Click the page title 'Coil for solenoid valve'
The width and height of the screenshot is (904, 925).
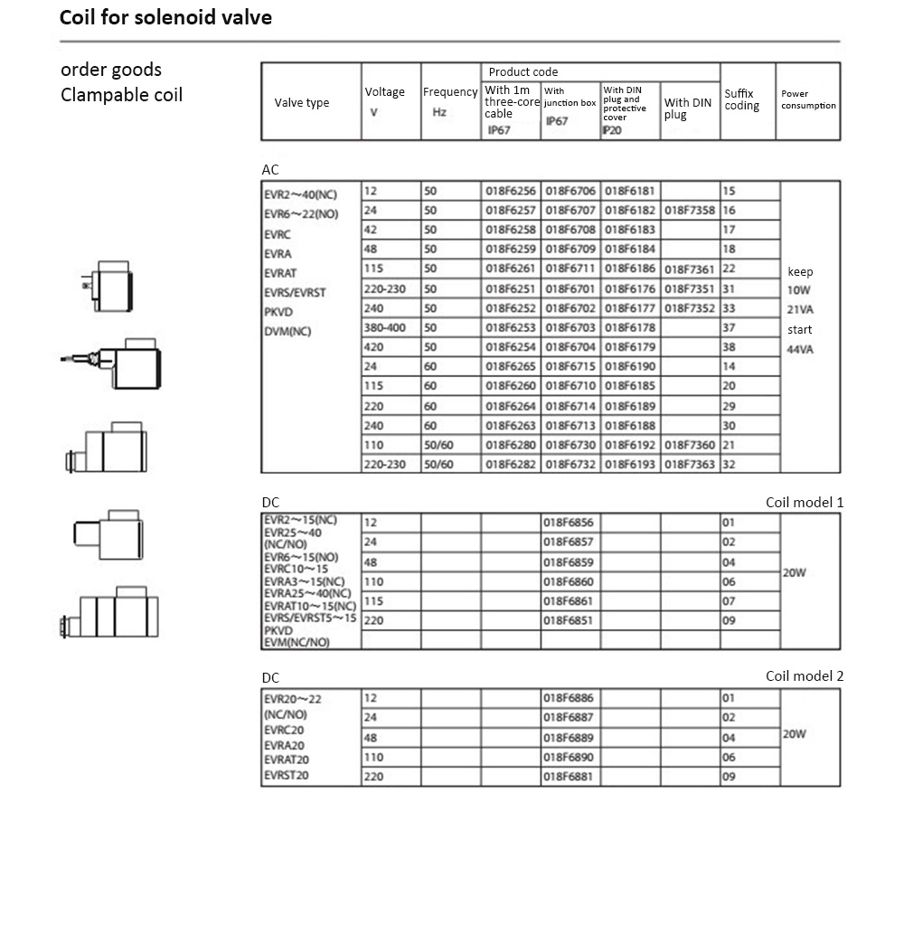tap(165, 18)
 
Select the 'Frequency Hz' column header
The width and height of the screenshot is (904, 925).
tap(449, 101)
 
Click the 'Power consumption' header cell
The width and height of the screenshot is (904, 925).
tap(808, 99)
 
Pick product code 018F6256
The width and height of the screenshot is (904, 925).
tap(511, 191)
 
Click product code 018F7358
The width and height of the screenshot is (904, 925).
tap(690, 210)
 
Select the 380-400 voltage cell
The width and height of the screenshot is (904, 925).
tap(385, 327)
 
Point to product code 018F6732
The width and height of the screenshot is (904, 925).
tap(570, 464)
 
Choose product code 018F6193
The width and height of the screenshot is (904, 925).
tap(630, 464)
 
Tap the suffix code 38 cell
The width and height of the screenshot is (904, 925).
tap(730, 347)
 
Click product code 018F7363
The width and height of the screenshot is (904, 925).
tap(690, 464)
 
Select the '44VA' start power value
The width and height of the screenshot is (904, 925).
tap(800, 349)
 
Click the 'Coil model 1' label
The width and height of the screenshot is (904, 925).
tap(804, 503)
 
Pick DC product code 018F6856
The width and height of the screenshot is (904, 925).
tap(570, 523)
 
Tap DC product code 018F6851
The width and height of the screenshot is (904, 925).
tap(570, 621)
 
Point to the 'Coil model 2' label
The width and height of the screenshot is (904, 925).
tap(804, 676)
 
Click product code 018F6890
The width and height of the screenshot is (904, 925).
tap(570, 757)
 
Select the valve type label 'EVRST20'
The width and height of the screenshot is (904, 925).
tap(287, 775)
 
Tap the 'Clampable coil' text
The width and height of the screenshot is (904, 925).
tap(121, 95)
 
